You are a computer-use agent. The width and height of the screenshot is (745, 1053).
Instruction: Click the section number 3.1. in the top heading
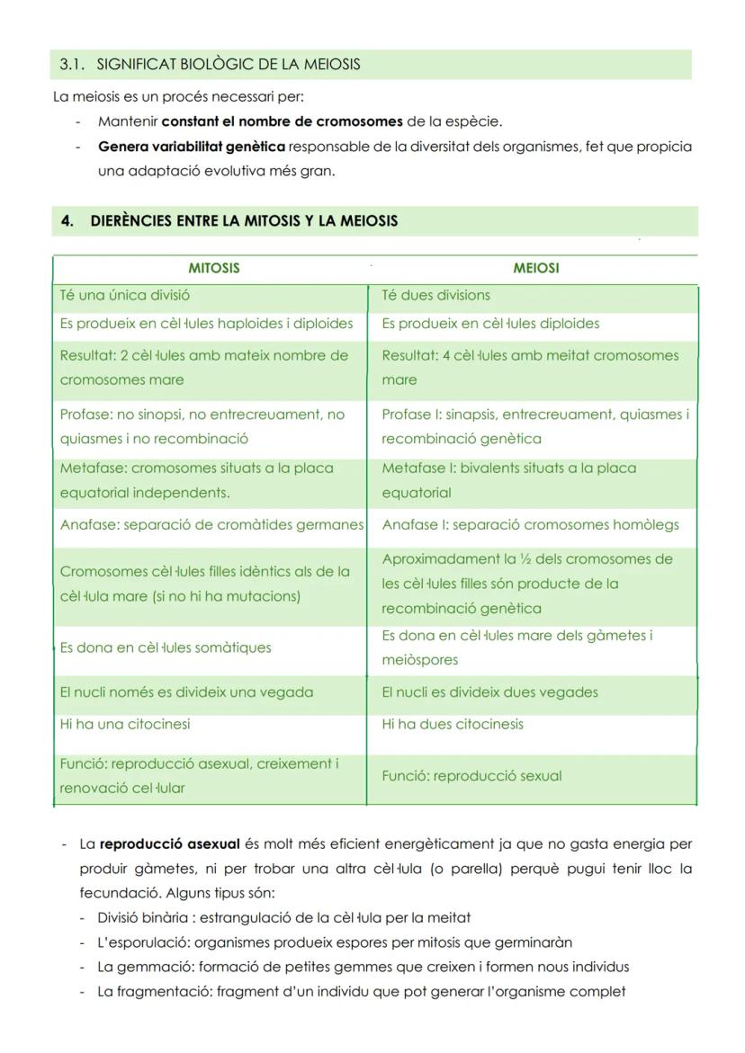click(72, 65)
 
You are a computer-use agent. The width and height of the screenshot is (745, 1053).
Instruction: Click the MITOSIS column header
click(214, 268)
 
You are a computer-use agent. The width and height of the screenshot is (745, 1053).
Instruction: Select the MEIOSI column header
click(535, 268)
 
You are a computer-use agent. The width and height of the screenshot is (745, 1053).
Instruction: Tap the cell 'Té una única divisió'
click(125, 295)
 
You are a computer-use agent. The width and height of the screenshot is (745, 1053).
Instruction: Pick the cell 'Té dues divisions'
click(435, 295)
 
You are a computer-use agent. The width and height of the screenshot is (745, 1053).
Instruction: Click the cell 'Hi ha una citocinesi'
click(125, 724)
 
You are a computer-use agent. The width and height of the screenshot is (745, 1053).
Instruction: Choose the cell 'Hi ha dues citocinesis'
click(452, 724)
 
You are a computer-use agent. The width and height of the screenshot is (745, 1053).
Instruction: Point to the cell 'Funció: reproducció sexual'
click(471, 776)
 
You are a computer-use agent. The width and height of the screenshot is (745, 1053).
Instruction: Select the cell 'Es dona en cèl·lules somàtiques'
click(166, 647)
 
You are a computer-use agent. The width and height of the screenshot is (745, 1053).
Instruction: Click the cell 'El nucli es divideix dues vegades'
click(489, 692)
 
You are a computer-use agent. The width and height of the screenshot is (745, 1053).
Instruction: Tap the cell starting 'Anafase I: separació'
click(530, 525)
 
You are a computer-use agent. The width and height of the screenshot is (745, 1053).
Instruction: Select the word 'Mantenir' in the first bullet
click(128, 121)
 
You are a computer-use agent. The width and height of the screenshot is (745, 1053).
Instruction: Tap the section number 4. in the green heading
click(67, 221)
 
